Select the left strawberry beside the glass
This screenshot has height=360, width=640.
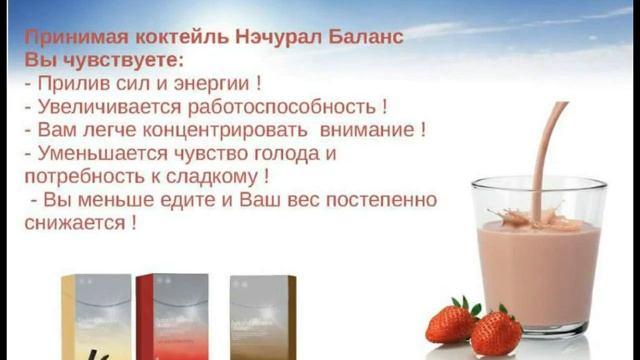452,322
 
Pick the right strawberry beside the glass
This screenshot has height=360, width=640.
497,332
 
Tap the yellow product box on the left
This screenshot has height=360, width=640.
95,316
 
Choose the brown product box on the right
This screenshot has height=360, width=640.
262,315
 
